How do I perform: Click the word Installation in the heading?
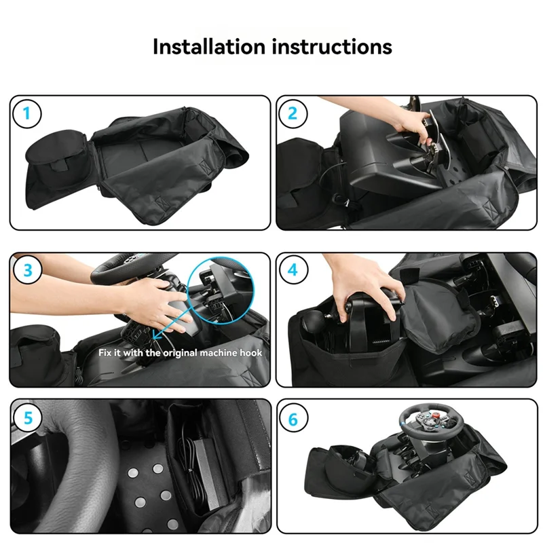click(x=209, y=46)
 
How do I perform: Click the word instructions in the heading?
click(x=332, y=46)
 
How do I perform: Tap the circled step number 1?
click(x=26, y=113)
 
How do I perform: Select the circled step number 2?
click(x=293, y=113)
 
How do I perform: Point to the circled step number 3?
click(x=28, y=270)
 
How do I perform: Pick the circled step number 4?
click(x=293, y=269)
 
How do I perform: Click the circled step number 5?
click(x=28, y=418)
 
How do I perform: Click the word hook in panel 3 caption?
click(x=251, y=353)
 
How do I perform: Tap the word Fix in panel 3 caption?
click(x=105, y=353)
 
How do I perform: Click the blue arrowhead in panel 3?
click(x=157, y=335)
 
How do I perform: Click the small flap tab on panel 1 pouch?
click(x=58, y=165)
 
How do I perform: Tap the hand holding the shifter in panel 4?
click(x=367, y=291)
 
